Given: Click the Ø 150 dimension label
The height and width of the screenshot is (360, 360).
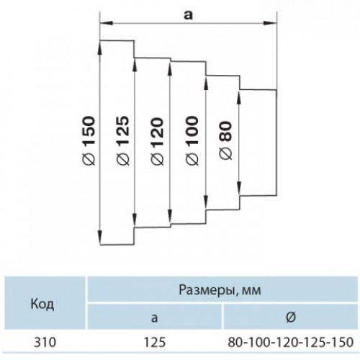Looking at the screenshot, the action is click(x=89, y=141).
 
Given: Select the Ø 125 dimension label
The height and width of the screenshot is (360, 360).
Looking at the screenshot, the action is click(x=122, y=141).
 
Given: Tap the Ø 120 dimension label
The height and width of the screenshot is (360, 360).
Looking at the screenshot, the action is click(x=157, y=141).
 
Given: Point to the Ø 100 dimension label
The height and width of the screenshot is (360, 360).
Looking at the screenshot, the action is click(x=192, y=141).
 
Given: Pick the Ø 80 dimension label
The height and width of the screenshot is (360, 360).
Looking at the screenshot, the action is click(x=226, y=140).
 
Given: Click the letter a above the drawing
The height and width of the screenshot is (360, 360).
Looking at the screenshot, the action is click(x=188, y=15).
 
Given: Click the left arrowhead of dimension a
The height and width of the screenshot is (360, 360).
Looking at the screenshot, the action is click(x=107, y=23).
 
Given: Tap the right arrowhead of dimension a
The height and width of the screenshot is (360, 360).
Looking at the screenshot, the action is click(x=271, y=23).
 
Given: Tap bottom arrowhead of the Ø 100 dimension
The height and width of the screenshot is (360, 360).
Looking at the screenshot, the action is click(x=206, y=203).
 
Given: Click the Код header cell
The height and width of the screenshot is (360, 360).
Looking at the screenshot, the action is click(x=42, y=305).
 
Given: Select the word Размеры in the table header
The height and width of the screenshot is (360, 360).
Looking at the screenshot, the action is click(x=206, y=290).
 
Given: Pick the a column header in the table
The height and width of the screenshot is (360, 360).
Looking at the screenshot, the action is click(x=155, y=318).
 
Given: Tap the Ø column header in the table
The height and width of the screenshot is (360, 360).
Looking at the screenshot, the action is click(x=291, y=318).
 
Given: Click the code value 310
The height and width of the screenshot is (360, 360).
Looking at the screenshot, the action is click(x=45, y=342).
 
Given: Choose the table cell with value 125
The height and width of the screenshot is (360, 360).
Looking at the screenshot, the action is click(x=155, y=342).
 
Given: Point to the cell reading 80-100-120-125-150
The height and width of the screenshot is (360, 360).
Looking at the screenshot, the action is click(x=291, y=342).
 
